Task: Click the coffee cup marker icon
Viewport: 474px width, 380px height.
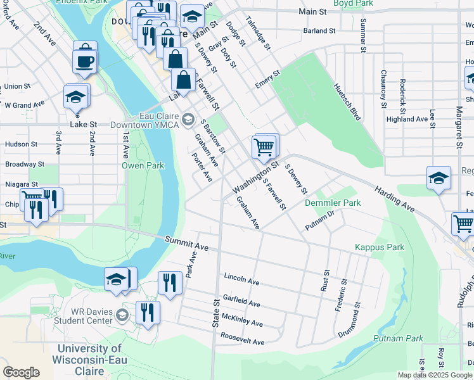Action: click(84, 61)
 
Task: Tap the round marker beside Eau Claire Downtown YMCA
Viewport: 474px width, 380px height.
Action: click(188, 118)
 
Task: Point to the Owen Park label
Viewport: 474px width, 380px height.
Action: click(143, 165)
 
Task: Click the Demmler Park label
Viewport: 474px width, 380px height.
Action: click(333, 203)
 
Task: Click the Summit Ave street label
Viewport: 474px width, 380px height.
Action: click(186, 241)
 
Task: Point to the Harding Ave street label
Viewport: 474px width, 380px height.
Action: click(394, 198)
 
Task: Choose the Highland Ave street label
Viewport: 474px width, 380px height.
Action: click(407, 119)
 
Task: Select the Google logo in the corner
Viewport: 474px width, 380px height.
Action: click(21, 372)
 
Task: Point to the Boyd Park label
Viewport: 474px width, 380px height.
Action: click(352, 3)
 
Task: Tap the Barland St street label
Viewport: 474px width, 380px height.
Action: click(318, 30)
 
